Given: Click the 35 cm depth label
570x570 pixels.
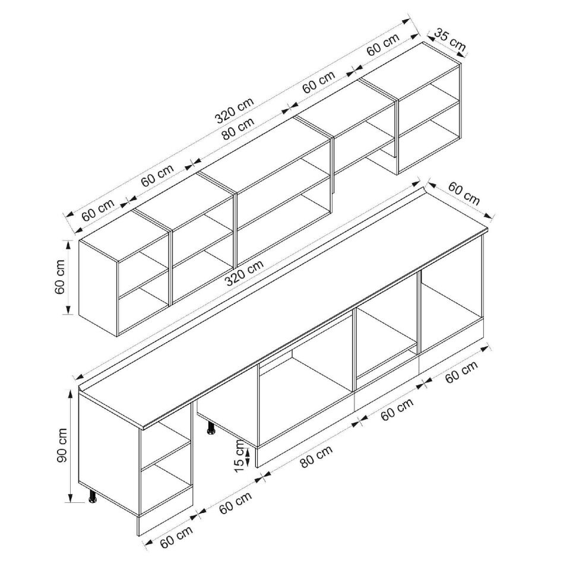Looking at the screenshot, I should point(449,40).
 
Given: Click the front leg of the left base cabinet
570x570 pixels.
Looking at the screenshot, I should point(93,497).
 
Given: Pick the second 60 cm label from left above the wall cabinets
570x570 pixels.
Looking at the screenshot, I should point(157,176).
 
